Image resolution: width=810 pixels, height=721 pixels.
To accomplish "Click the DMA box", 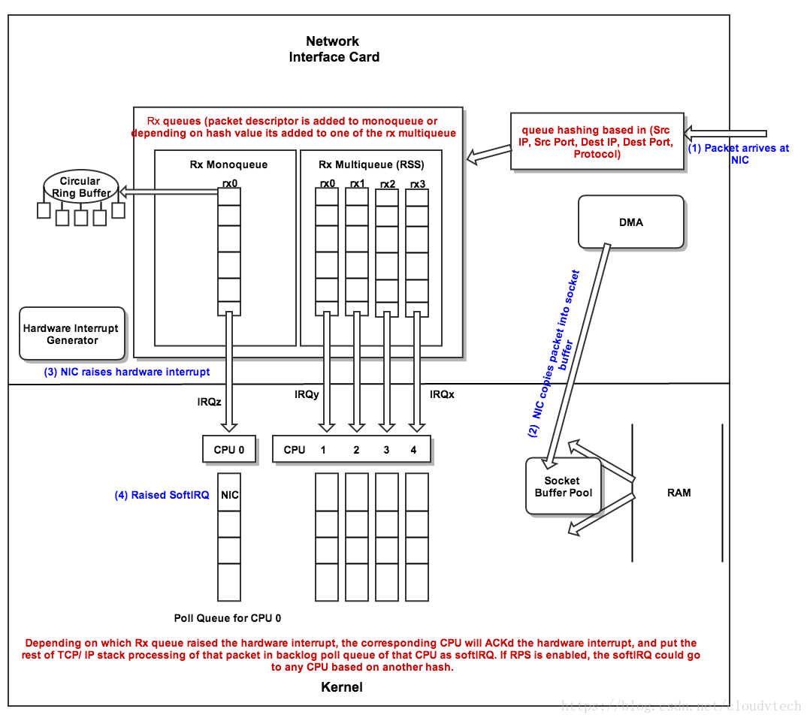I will pyautogui.click(x=631, y=222).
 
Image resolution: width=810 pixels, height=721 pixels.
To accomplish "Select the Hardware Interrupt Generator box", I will pyautogui.click(x=72, y=334).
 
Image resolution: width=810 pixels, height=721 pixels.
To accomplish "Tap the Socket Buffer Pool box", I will pyautogui.click(x=564, y=486).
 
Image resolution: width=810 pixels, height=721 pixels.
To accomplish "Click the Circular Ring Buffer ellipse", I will pyautogui.click(x=80, y=187).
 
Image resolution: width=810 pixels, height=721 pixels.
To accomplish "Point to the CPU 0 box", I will pyautogui.click(x=229, y=450).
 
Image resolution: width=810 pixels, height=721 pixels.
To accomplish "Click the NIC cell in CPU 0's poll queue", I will pyautogui.click(x=230, y=495).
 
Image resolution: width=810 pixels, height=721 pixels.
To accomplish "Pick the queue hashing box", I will pyautogui.click(x=597, y=142).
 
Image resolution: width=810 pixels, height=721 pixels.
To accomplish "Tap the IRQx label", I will pyautogui.click(x=442, y=394).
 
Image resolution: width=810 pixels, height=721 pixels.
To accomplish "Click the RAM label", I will pyautogui.click(x=679, y=493).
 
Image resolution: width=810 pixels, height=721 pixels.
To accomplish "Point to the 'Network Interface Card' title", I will pyautogui.click(x=334, y=49).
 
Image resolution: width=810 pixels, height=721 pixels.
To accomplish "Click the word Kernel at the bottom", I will pyautogui.click(x=342, y=687).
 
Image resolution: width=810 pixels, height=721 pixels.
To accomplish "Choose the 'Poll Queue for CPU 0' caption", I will pyautogui.click(x=228, y=618).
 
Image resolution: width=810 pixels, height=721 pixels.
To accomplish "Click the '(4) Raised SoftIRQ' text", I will pyautogui.click(x=162, y=495).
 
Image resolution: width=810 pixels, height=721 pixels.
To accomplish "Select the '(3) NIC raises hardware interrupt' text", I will pyautogui.click(x=127, y=372).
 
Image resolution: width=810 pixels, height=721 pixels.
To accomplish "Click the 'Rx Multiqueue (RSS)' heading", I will pyautogui.click(x=370, y=164).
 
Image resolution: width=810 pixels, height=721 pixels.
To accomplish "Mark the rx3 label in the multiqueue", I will pyautogui.click(x=418, y=183).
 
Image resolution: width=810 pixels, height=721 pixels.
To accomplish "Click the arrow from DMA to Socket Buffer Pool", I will pyautogui.click(x=579, y=353).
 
